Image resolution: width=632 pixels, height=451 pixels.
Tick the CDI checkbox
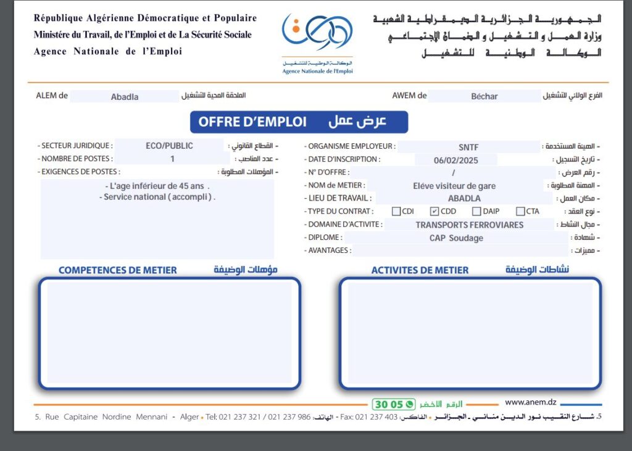coord(396,212)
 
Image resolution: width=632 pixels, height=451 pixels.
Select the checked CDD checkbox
coord(434,212)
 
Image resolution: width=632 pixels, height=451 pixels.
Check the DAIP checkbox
coord(476,212)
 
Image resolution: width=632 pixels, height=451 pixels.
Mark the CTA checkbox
coord(520,212)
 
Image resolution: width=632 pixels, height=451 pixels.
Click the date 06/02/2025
coord(456,160)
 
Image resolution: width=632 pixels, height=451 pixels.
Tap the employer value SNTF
coord(468,147)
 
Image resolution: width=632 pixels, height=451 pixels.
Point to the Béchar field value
coord(484,96)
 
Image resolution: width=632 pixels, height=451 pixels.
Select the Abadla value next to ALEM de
coord(125,96)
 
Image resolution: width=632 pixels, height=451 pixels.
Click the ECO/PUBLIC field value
coord(169,146)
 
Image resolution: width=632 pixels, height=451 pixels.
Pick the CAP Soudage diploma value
coord(456,238)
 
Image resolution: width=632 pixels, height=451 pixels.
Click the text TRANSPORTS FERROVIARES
coord(469,225)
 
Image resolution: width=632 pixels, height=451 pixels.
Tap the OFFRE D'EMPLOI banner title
coord(252,122)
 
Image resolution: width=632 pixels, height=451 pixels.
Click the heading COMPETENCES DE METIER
coord(117,270)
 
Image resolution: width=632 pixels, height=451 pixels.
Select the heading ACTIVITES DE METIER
coord(420,270)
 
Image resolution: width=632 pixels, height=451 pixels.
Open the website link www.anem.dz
coord(528,403)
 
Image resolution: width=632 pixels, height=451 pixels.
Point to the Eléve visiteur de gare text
coord(454,186)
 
